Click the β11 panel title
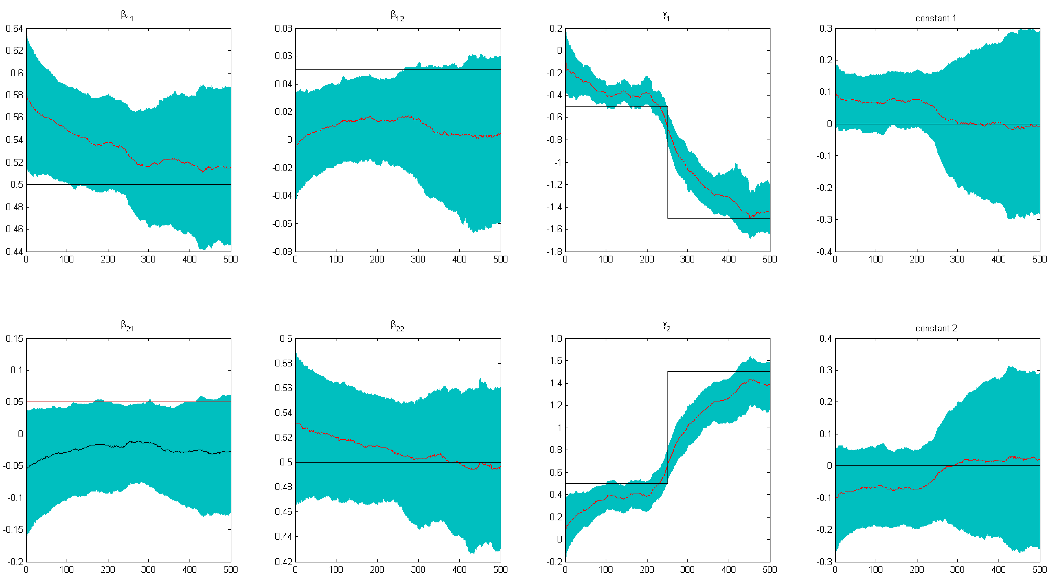(127, 16)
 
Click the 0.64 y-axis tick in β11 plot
(14, 29)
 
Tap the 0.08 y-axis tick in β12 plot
(283, 29)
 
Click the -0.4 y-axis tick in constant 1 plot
(824, 252)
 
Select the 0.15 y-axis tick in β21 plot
(14, 339)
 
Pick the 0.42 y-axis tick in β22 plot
(283, 561)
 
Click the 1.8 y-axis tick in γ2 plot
(556, 339)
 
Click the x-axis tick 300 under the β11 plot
(148, 259)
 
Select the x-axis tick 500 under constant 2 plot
(1039, 569)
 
